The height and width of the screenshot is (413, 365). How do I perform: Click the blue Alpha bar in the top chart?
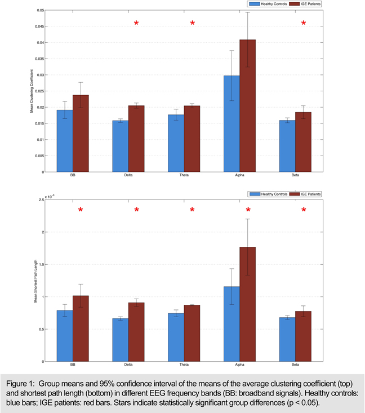click(232, 124)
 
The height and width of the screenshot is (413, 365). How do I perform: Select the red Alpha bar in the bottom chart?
click(248, 304)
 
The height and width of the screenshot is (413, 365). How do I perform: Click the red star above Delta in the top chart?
click(136, 23)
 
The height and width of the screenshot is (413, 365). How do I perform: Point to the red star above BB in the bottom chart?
click(81, 210)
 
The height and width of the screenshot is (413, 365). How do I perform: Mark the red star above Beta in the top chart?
click(304, 23)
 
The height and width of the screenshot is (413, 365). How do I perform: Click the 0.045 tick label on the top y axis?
click(39, 26)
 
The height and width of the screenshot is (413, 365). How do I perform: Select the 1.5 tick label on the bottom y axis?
click(41, 264)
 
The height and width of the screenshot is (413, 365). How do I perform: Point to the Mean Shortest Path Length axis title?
click(35, 280)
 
